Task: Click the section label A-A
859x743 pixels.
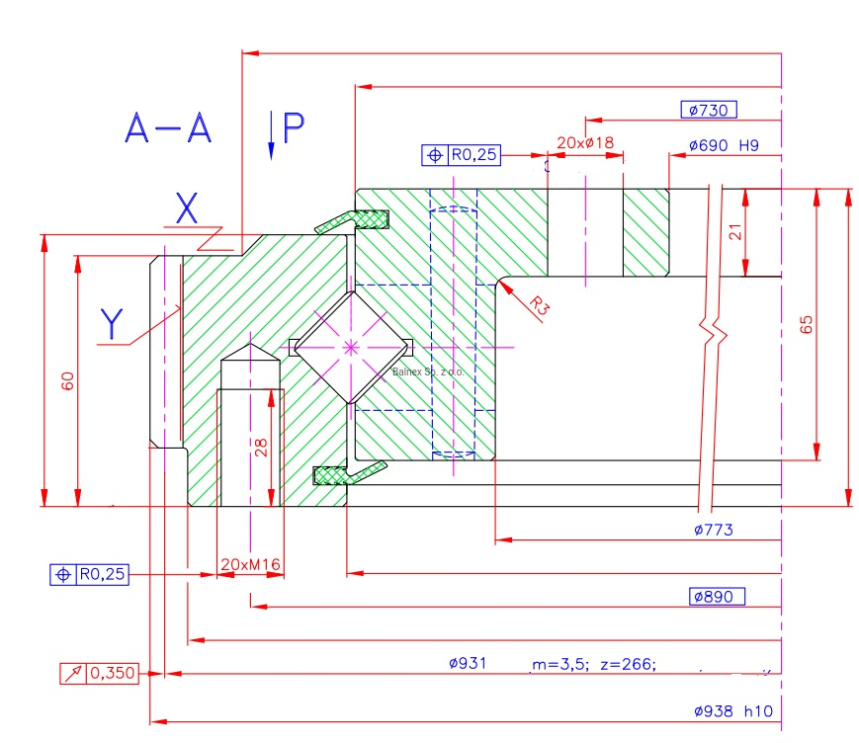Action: (169, 128)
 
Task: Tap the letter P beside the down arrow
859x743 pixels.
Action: (294, 128)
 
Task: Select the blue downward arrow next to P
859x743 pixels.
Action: (271, 134)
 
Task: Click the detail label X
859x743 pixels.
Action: (186, 207)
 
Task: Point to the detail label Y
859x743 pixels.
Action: (114, 322)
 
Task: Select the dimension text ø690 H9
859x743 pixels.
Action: (723, 145)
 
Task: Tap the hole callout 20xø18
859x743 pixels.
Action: (585, 142)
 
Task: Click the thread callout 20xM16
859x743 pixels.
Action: (250, 565)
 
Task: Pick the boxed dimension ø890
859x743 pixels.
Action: (717, 597)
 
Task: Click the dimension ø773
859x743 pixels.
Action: (714, 530)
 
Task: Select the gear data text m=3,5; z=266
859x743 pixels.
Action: (593, 664)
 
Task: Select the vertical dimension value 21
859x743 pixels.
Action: (734, 232)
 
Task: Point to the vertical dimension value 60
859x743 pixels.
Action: (67, 380)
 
